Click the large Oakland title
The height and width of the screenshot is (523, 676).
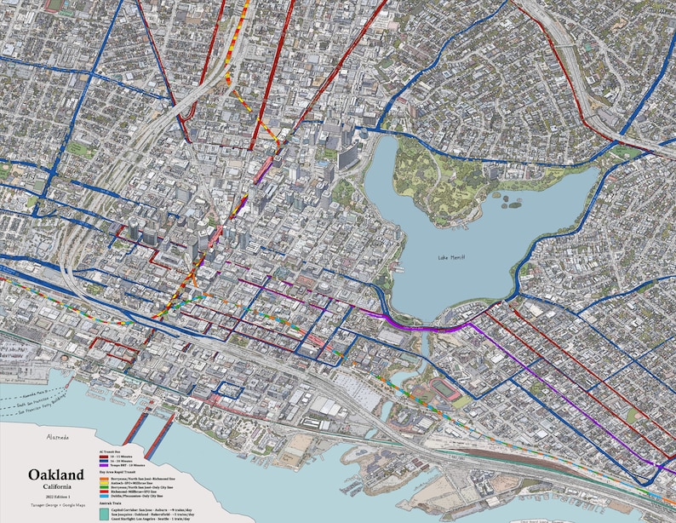click(55, 474)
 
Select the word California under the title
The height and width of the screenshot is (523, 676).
click(55, 487)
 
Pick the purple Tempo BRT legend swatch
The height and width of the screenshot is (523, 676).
click(105, 466)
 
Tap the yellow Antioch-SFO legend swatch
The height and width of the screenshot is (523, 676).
click(105, 484)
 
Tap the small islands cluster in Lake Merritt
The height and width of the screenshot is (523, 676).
click(511, 202)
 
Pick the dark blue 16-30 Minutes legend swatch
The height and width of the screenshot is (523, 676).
click(105, 462)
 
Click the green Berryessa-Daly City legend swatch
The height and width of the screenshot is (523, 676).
click(105, 488)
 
